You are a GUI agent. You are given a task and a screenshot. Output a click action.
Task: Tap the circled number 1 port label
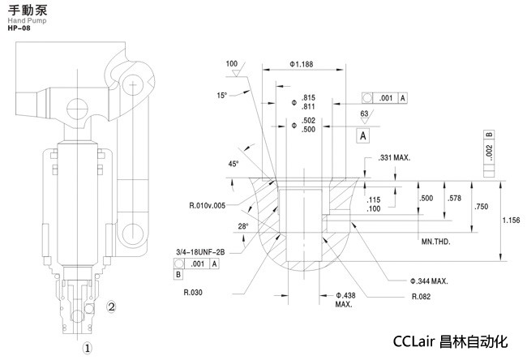click(x=89, y=346)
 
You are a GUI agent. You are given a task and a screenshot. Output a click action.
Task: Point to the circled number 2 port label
click(x=113, y=307)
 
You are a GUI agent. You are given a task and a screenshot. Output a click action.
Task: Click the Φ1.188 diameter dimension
click(x=301, y=64)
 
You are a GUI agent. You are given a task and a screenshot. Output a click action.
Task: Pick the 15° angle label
click(x=222, y=96)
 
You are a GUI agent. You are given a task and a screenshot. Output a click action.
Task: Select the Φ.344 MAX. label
click(x=428, y=281)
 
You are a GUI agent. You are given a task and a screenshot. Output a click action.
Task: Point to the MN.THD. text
click(x=435, y=242)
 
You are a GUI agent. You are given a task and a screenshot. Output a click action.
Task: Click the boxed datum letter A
click(x=364, y=135)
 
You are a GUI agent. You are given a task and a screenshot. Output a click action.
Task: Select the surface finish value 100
click(x=232, y=63)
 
